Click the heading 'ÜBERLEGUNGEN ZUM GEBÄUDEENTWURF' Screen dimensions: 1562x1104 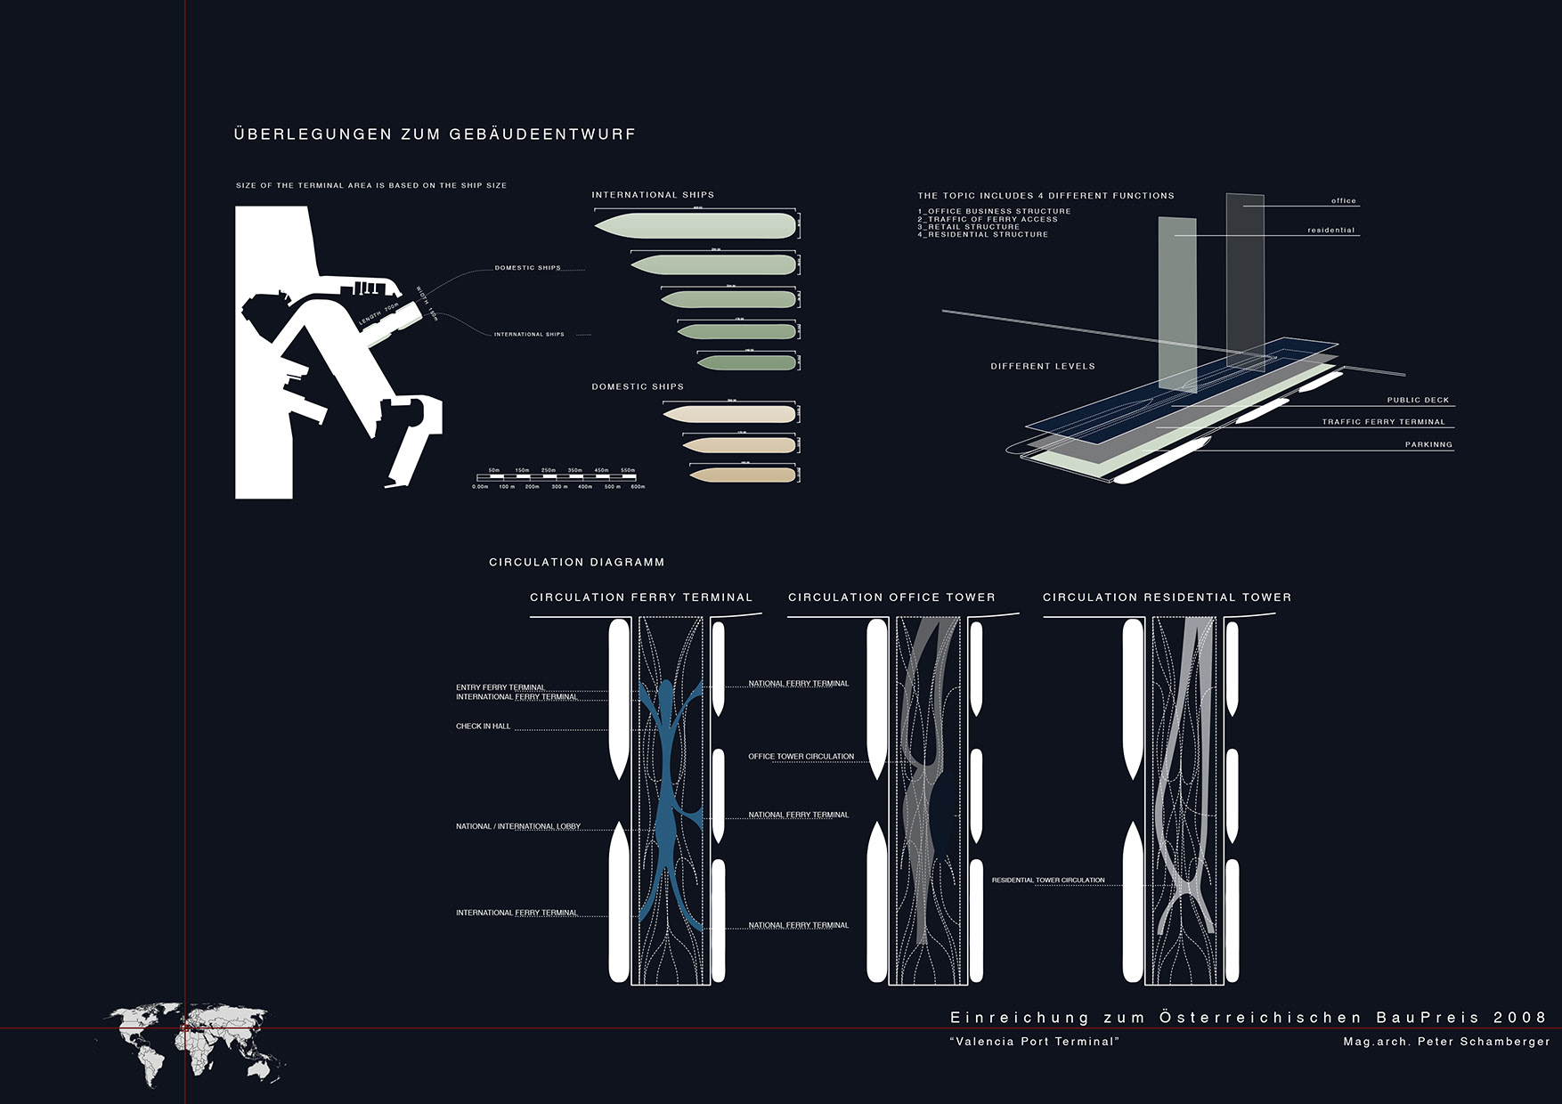click(x=435, y=134)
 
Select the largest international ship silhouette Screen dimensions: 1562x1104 click(x=695, y=225)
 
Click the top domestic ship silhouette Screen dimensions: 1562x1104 click(x=728, y=414)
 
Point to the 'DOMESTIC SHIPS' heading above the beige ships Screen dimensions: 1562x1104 click(x=638, y=387)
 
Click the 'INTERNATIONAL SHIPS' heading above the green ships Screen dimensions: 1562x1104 click(x=653, y=195)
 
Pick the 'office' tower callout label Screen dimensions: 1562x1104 click(x=1343, y=201)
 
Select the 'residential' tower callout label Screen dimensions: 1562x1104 click(x=1330, y=231)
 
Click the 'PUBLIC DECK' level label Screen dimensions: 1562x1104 click(x=1418, y=401)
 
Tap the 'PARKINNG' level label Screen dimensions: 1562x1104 click(x=1428, y=444)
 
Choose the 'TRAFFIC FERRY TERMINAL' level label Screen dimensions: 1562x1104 click(x=1383, y=422)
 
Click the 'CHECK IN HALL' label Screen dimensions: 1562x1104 click(x=484, y=727)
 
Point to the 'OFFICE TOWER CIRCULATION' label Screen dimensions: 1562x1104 click(x=801, y=757)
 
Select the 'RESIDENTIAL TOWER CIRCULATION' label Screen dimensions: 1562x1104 click(x=1048, y=881)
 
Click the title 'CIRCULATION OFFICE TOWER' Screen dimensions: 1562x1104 click(x=891, y=597)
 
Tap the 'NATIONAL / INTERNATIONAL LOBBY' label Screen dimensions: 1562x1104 click(x=518, y=827)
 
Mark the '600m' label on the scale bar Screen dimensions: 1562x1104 click(x=638, y=487)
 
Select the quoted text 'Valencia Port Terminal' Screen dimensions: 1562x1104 click(x=1034, y=1042)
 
